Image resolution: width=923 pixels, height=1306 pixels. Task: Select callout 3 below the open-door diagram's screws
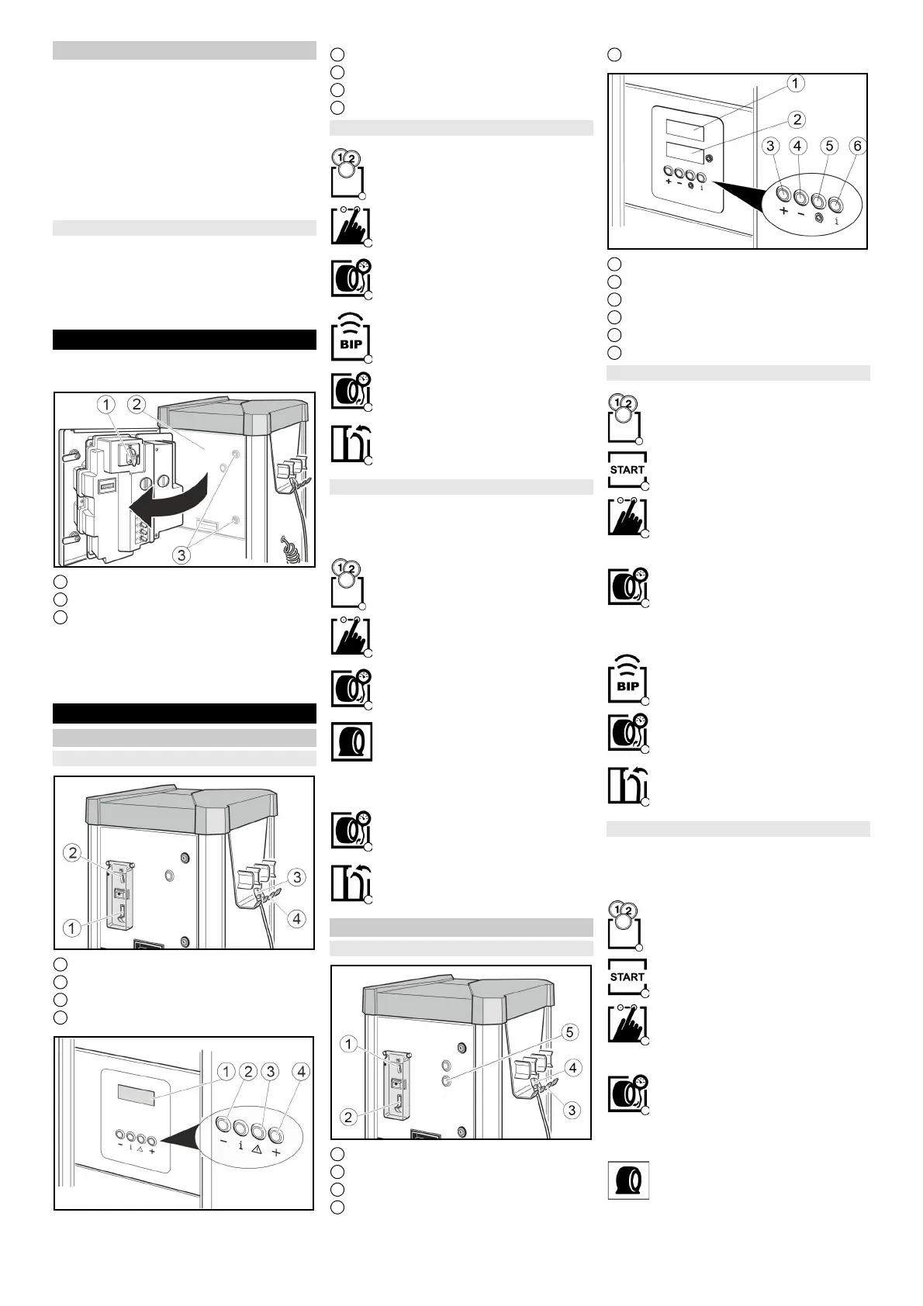181,555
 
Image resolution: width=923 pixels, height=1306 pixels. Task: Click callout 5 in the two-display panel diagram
830,146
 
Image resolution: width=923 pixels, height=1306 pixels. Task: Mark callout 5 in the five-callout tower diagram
570,1032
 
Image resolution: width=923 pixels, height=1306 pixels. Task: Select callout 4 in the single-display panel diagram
301,1072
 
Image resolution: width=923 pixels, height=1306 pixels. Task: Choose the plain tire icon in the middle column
351,741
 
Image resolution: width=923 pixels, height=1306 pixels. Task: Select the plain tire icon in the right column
627,1180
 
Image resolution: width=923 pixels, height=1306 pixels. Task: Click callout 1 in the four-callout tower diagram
72,928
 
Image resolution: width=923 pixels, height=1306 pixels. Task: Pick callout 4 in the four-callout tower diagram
296,919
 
